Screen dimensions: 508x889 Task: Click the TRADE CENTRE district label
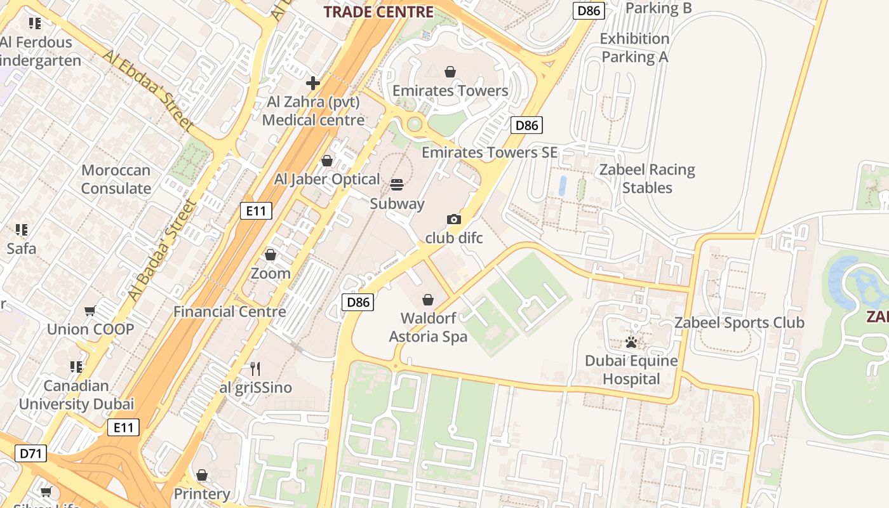tap(378, 11)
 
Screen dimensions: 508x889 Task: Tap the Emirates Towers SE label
tap(490, 152)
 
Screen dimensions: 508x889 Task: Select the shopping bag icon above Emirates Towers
tap(450, 72)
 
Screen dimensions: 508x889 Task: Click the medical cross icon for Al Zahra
tap(313, 83)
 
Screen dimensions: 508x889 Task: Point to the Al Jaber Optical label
tap(327, 179)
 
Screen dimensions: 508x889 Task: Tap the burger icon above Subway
tap(397, 185)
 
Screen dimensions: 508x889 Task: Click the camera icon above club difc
tap(454, 220)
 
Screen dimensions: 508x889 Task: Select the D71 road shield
tap(30, 453)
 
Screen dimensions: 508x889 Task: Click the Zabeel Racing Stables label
tap(647, 178)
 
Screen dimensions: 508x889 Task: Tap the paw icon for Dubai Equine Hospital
tap(631, 343)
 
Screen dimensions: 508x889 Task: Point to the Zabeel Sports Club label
tap(739, 323)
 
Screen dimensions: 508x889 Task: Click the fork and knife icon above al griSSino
tap(255, 369)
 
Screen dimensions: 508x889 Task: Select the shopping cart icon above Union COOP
tap(90, 311)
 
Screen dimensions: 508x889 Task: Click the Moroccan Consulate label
tap(116, 179)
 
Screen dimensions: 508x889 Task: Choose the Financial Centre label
tap(230, 312)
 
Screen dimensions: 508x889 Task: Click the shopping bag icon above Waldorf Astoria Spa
tap(428, 299)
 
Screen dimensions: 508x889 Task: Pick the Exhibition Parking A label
tap(635, 48)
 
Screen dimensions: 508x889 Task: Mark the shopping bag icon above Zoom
tap(271, 255)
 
